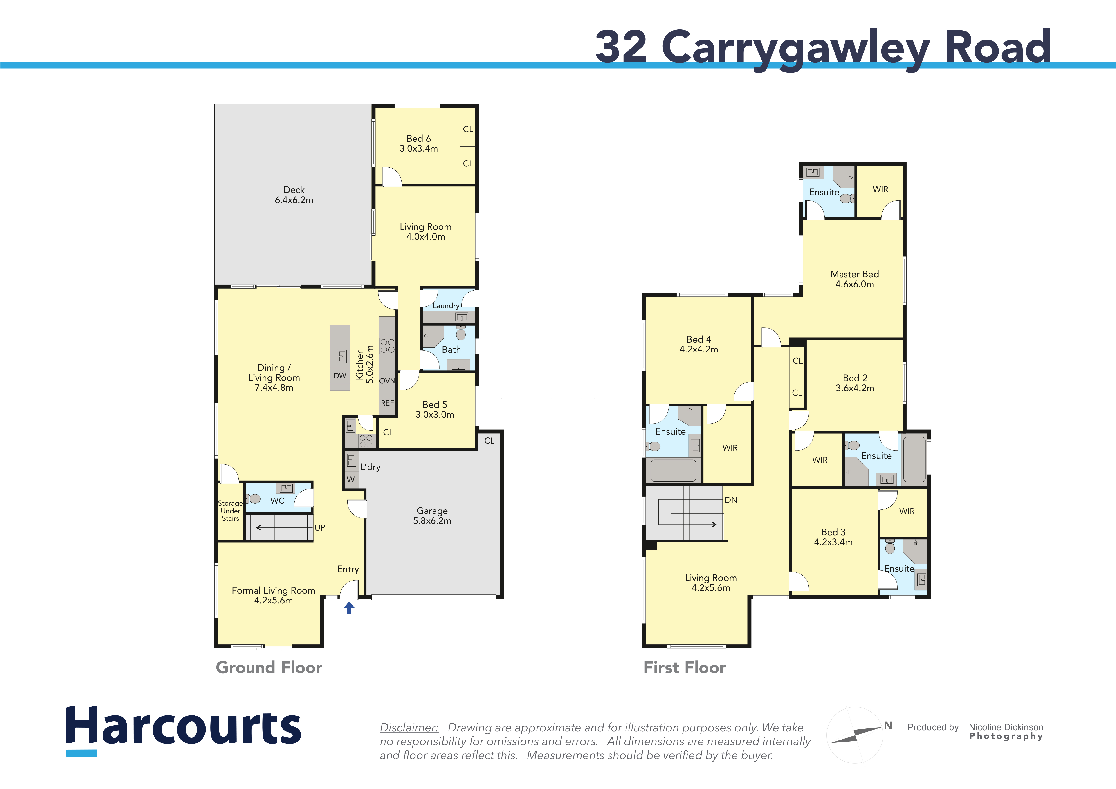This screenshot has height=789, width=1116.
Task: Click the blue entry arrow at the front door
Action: pyautogui.click(x=349, y=608)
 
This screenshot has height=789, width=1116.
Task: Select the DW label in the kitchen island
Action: pyautogui.click(x=340, y=376)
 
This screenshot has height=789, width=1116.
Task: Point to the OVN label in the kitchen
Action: pyautogui.click(x=387, y=381)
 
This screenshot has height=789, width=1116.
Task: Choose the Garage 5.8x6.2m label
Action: pyautogui.click(x=432, y=516)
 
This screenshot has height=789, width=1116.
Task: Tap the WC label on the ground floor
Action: pyautogui.click(x=277, y=500)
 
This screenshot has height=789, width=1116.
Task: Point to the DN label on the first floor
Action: pyautogui.click(x=731, y=500)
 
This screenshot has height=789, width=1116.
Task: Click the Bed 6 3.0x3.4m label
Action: pyautogui.click(x=418, y=143)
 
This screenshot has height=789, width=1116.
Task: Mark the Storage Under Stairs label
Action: pyautogui.click(x=230, y=511)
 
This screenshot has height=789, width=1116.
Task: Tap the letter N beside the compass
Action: pyautogui.click(x=888, y=725)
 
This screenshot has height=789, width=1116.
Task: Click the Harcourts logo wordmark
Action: pyautogui.click(x=184, y=727)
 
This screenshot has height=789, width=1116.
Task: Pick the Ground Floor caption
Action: pyautogui.click(x=269, y=668)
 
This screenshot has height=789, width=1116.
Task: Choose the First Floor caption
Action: pyautogui.click(x=685, y=668)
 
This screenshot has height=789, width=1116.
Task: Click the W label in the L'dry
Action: pyautogui.click(x=350, y=480)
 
